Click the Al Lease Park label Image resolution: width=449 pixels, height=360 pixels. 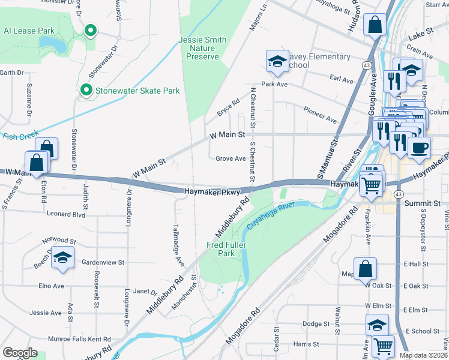[29, 31]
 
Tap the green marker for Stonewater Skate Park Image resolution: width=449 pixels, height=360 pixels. [86, 91]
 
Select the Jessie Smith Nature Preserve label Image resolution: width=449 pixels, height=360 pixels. [202, 48]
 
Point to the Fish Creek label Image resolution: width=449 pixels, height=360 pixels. [12, 137]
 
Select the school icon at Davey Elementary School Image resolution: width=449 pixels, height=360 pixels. [277, 61]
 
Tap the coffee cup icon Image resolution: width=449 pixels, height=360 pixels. [419, 147]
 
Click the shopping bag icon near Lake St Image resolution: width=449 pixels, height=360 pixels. [375, 26]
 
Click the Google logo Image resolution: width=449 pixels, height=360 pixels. [20, 353]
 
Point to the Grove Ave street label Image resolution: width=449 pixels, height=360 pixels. [231, 159]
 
